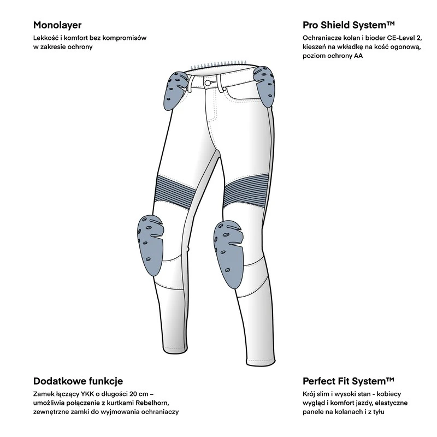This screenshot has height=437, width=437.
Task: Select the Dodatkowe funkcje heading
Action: [78, 381]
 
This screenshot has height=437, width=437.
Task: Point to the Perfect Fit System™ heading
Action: [348, 381]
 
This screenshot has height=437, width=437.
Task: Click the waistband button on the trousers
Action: [208, 82]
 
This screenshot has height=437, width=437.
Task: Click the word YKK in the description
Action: [79, 394]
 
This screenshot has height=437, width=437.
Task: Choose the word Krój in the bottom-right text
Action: [310, 394]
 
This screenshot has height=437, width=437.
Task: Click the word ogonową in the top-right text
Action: [406, 48]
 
